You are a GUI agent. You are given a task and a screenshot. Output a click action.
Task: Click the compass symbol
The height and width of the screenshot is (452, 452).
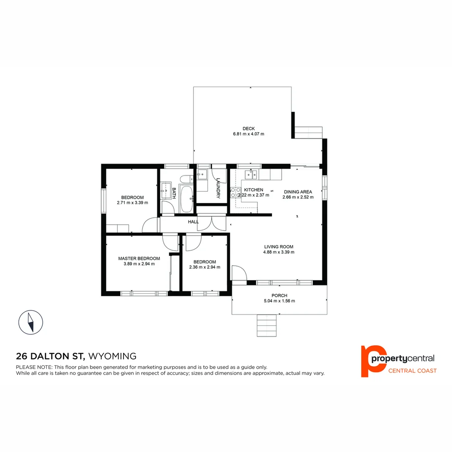tap(31, 322)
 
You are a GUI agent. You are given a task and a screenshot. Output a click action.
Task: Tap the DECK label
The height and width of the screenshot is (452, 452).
tap(248, 128)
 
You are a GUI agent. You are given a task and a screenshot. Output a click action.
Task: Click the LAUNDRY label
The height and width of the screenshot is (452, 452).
tap(218, 186)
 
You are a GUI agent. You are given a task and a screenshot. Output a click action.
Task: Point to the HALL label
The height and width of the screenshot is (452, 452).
tap(193, 222)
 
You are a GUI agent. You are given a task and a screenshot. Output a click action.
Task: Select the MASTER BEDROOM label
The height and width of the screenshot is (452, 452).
tap(139, 258)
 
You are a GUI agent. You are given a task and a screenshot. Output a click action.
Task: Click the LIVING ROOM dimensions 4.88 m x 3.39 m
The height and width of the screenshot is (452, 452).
tap(279, 252)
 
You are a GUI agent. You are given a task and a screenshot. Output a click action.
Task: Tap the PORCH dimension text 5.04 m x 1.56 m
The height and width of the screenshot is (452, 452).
tap(279, 301)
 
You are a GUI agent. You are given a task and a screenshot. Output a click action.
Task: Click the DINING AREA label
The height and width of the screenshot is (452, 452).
tap(298, 192)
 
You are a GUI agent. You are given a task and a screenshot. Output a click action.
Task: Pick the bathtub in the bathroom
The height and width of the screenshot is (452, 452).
tap(187, 199)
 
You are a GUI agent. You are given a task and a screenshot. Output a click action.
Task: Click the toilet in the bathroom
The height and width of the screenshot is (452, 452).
tap(185, 179)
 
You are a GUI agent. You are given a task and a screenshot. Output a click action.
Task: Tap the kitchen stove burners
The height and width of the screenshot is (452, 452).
tap(235, 193)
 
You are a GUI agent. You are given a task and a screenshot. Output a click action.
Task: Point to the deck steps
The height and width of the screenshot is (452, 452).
tap(308, 132)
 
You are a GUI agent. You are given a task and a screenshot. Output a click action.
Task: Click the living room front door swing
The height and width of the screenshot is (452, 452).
tap(239, 272)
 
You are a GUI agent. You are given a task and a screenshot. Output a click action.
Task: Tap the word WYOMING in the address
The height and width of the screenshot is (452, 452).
tap(113, 357)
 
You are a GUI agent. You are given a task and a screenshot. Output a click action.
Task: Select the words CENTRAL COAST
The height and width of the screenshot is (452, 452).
tap(413, 370)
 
